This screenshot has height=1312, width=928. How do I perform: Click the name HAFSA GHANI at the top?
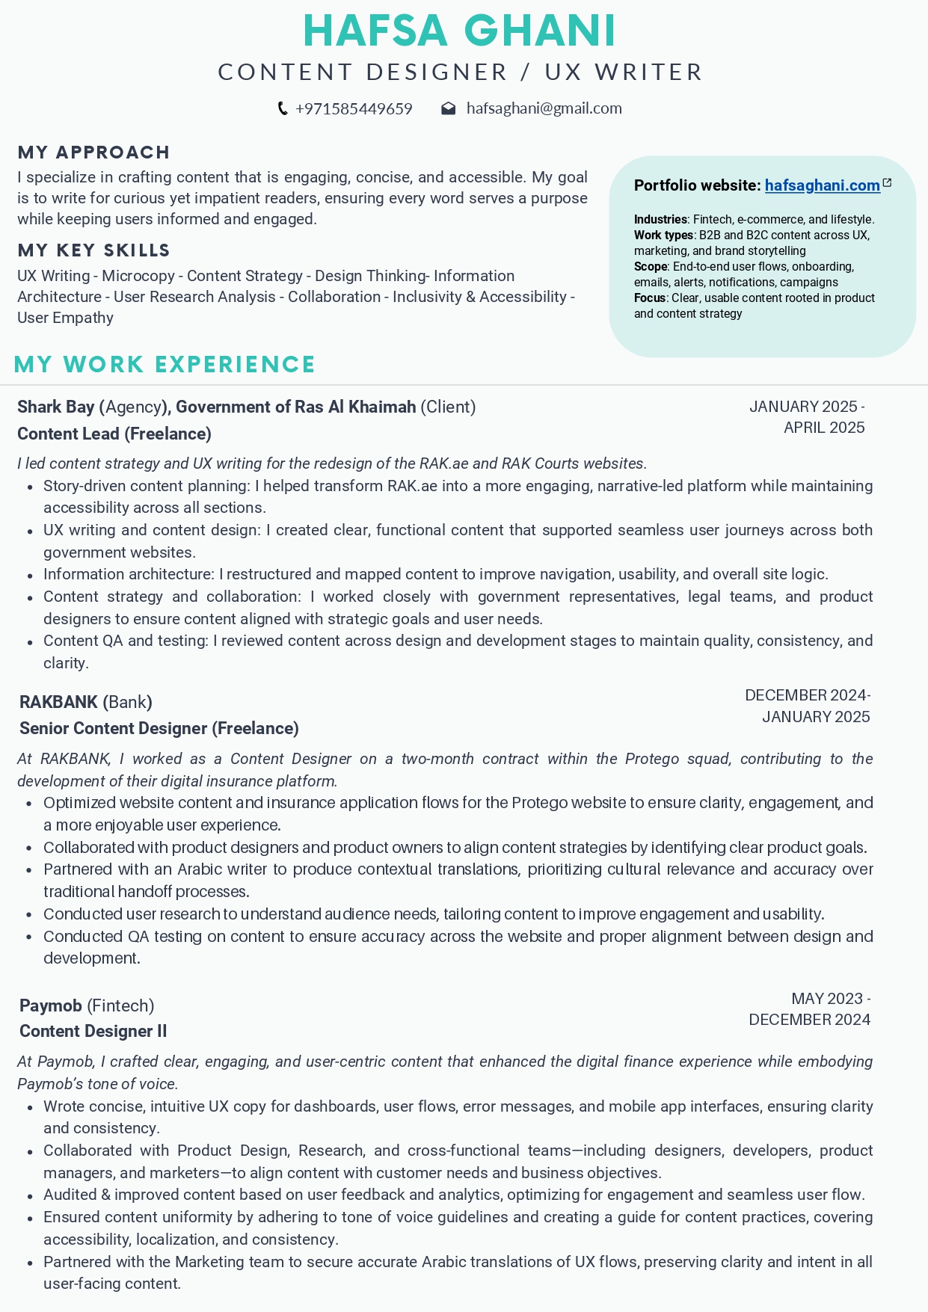point(459,31)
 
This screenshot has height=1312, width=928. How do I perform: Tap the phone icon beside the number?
point(283,109)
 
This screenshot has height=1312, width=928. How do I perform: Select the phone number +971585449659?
point(354,109)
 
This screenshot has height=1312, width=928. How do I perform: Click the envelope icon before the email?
point(449,109)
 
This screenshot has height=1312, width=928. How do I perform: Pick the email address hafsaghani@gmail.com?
point(544,109)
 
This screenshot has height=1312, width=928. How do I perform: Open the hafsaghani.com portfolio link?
point(822,185)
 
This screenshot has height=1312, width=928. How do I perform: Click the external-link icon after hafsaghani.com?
point(888,183)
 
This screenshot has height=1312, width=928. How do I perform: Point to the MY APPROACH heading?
point(93,153)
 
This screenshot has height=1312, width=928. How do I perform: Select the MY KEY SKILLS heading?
point(93,250)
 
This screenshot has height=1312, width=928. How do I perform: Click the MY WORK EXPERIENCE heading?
point(165,365)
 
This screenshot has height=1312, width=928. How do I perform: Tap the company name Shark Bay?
point(56,407)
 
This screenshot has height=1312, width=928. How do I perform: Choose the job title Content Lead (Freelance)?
point(114,434)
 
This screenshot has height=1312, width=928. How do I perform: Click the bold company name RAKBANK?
point(58,702)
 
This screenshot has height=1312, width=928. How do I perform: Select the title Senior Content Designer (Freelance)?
point(159,728)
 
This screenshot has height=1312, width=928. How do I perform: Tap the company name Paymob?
point(51,1005)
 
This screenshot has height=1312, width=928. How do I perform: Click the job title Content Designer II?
point(93,1032)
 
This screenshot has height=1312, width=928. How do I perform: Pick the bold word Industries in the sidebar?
point(660,220)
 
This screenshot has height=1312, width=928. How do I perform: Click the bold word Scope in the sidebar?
point(650,267)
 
